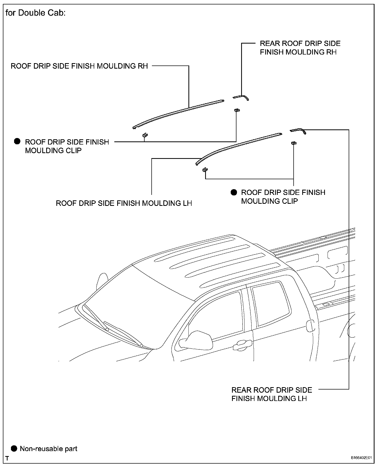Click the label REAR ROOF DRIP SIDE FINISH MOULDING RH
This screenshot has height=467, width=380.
300,48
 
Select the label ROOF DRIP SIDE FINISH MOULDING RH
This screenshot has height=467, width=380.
79,66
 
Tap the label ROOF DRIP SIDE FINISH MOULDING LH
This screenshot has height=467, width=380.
124,203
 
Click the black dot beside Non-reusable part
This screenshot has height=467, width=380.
14,448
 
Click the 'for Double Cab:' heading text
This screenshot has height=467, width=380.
35,13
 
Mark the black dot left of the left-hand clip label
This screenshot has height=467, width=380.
17,141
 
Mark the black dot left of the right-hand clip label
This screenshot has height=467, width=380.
234,192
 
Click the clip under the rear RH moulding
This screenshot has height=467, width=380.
237,110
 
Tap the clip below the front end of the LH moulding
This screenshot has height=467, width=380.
205,170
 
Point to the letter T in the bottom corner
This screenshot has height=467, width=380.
7,458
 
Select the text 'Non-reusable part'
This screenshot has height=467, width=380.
49,449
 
